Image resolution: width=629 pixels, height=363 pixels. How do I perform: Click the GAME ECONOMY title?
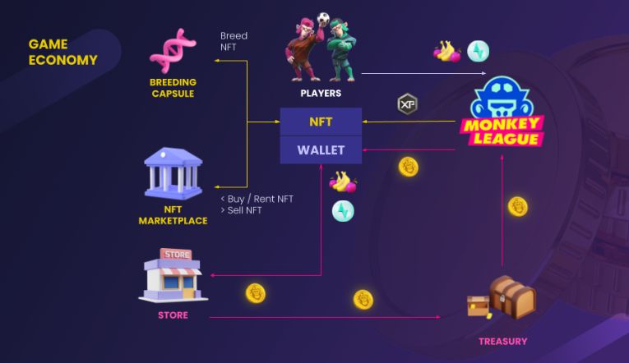click(x=62, y=52)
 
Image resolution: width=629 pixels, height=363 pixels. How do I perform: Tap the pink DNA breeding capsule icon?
click(x=173, y=49)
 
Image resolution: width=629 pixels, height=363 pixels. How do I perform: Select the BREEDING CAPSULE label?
click(x=172, y=88)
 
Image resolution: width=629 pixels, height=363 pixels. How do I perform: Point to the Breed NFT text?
click(x=234, y=43)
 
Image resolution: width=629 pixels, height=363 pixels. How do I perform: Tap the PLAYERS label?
click(x=321, y=94)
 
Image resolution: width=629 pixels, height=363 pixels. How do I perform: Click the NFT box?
click(x=321, y=122)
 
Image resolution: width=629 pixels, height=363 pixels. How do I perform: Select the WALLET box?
click(x=321, y=149)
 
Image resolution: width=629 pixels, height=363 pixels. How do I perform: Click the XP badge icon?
click(x=408, y=104)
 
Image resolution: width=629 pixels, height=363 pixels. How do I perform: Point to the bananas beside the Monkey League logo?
click(x=446, y=52)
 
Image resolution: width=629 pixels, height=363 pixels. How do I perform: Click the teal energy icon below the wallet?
click(x=343, y=211)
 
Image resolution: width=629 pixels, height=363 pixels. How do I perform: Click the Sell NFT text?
click(x=241, y=210)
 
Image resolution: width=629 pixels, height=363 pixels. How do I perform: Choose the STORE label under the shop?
click(x=173, y=315)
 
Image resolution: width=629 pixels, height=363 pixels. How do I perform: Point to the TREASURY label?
click(x=502, y=341)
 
